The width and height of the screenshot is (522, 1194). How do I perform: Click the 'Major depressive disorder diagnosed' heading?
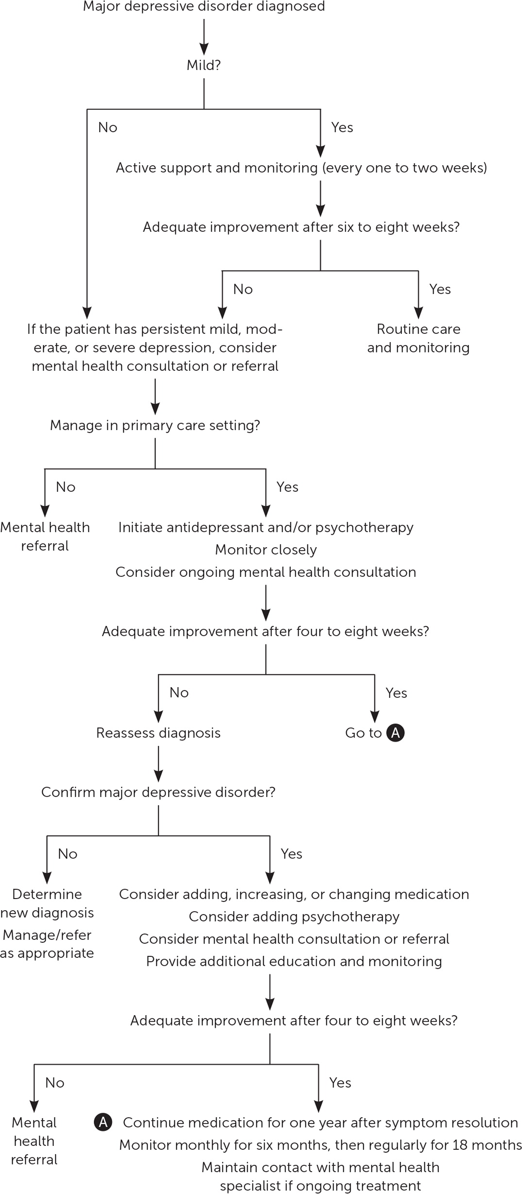click(x=204, y=7)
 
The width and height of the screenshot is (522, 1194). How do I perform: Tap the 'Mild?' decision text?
click(x=204, y=65)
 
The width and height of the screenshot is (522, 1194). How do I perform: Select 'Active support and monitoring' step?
click(x=301, y=168)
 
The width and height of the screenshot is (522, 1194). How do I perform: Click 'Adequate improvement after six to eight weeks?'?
click(x=301, y=227)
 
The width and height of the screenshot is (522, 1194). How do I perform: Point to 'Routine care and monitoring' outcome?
click(x=418, y=338)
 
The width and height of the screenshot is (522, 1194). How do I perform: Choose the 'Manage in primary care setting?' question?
click(x=155, y=425)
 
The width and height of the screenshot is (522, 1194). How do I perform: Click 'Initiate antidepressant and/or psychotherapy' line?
click(x=266, y=527)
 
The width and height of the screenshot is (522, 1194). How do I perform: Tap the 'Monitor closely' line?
click(x=266, y=550)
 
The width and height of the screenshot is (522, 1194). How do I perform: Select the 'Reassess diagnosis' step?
click(x=158, y=733)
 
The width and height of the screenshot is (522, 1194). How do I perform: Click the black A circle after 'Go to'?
click(x=395, y=733)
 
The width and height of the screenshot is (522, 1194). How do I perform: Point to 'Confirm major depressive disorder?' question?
click(x=158, y=792)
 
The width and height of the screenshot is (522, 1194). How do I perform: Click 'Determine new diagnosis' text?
click(x=47, y=903)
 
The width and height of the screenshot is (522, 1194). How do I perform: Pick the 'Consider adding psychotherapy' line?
click(x=294, y=917)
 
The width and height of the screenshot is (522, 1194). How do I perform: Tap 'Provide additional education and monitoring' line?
click(x=294, y=961)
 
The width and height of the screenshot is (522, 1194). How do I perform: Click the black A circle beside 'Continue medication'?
click(x=103, y=1123)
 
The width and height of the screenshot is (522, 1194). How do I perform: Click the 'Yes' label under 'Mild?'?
click(x=342, y=127)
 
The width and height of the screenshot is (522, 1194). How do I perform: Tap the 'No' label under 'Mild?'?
click(x=107, y=127)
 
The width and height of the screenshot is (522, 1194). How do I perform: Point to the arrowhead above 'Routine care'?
click(x=418, y=312)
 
